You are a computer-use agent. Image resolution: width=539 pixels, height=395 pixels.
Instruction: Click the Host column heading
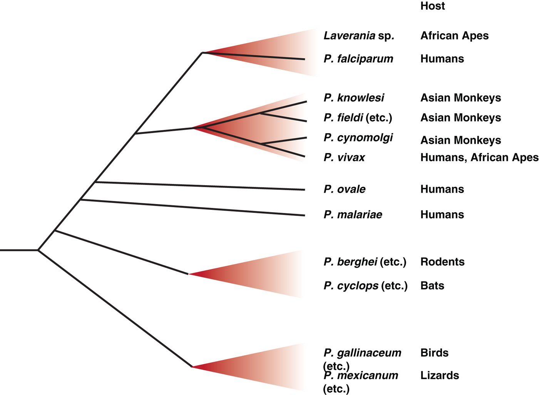432,6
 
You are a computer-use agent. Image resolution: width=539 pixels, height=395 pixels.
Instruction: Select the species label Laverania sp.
359,36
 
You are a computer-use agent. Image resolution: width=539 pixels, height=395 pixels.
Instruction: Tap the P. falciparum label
358,59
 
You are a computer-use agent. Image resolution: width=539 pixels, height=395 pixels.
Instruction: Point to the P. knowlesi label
354,98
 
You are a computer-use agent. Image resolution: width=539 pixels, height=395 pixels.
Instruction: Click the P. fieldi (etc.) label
358,118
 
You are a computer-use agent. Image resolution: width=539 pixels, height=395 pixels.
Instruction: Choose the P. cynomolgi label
358,138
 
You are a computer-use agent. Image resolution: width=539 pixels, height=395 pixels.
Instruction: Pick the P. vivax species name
344,157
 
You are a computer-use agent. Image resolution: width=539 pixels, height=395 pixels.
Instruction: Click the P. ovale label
345,189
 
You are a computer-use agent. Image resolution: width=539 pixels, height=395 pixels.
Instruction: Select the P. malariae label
353,215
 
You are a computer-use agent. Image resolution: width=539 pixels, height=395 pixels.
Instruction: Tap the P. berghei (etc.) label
365,262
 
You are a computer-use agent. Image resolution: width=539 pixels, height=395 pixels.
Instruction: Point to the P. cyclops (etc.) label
365,286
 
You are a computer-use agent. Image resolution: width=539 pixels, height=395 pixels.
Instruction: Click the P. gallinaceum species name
362,353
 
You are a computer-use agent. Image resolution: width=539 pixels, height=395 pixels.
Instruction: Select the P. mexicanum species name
361,376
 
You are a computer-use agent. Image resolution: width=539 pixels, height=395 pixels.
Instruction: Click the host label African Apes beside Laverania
454,36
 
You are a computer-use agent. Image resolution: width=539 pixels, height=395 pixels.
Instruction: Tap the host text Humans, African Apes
479,157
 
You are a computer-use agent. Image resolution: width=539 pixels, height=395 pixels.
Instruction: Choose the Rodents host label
442,262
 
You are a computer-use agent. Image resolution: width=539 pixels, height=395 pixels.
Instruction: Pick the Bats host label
432,286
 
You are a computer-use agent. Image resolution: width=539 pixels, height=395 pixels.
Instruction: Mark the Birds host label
434,353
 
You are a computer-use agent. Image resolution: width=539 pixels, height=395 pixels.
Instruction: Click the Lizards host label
440,376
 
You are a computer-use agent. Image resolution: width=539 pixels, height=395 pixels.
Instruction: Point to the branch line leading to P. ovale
200,186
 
